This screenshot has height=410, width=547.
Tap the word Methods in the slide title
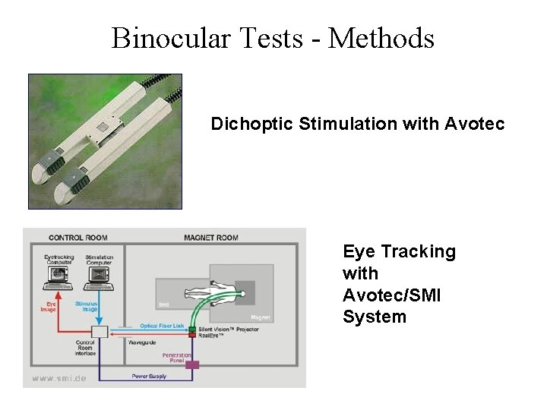coord(381,37)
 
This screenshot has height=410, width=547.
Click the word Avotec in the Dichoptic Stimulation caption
coord(477,124)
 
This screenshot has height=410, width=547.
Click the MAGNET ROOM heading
coord(211,238)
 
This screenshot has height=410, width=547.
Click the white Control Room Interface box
coord(100,331)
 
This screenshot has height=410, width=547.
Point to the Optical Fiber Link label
coord(162,326)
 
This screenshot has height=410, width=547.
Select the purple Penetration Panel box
coord(192,365)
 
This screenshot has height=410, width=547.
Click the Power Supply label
coord(150,376)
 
